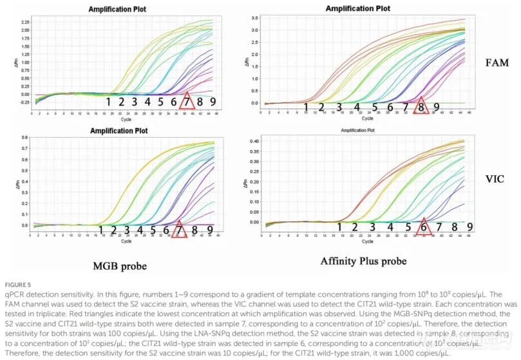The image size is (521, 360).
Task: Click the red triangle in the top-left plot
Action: point(187,102)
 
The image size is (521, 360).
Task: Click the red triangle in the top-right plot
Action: point(421,108)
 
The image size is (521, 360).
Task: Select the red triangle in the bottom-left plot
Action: point(179,230)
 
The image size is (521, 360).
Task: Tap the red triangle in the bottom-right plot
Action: point(423,226)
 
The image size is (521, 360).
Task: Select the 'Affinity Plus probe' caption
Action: point(365,261)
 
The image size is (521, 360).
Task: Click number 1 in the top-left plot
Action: point(108,102)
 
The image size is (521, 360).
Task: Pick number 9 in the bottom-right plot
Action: point(469,226)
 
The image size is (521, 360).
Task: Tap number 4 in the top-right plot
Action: point(356,107)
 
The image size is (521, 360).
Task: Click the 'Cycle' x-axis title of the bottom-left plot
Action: point(126,242)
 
